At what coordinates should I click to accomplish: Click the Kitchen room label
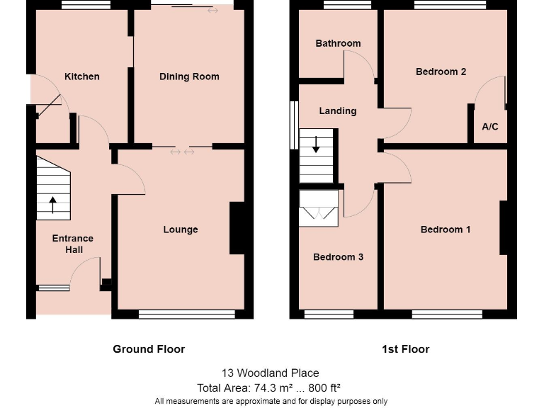tap(82, 76)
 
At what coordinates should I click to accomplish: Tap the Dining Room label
tap(189, 76)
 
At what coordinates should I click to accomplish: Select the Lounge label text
tap(181, 229)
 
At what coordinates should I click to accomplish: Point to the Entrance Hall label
tap(73, 244)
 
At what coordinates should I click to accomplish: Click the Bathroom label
tap(338, 43)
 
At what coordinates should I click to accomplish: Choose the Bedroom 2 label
tap(441, 72)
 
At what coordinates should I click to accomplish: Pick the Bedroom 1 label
tap(446, 229)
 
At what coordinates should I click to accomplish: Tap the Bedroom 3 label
tap(338, 257)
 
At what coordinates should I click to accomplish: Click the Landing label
tap(338, 110)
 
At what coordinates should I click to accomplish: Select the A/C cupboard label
tap(490, 127)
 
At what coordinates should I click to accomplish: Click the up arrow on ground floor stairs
tap(53, 205)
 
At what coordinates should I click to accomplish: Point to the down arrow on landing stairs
tap(316, 144)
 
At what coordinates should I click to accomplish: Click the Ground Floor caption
tap(149, 349)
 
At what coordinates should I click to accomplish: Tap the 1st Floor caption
tap(406, 349)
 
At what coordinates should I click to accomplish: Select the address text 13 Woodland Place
tap(271, 373)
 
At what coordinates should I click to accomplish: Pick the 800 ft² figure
tap(325, 387)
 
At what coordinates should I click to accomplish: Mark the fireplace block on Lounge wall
tap(237, 228)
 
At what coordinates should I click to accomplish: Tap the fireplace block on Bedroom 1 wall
tap(504, 227)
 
